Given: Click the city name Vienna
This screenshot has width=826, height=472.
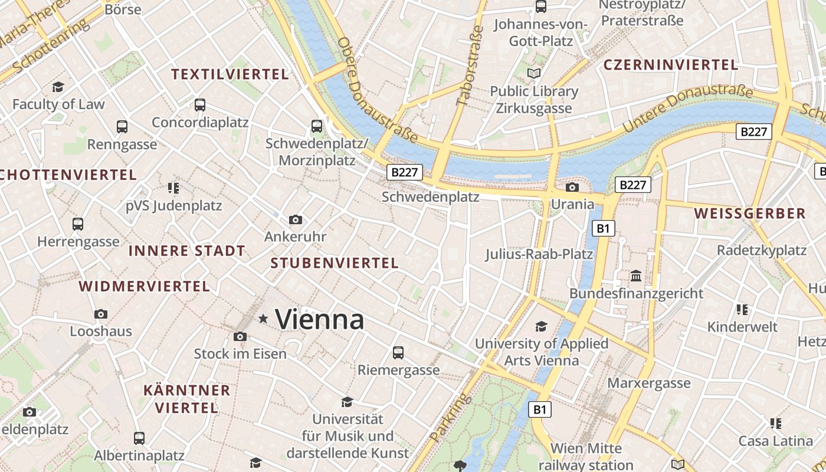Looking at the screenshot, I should tap(320, 320).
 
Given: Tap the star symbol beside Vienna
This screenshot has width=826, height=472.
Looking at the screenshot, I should tap(263, 319).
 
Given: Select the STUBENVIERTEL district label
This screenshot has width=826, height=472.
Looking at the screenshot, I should tap(335, 263).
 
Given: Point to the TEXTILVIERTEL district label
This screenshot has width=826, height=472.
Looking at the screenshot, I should tap(230, 74).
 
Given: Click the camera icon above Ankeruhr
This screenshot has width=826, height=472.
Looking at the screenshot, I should tap(296, 219).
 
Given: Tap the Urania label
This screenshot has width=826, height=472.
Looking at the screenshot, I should tap(572, 204).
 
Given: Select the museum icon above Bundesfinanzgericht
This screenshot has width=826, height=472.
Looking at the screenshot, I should tap(636, 276).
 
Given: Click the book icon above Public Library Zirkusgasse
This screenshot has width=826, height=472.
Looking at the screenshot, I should tap(534, 74).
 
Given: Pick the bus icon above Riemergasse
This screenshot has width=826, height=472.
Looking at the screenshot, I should tap(398, 353).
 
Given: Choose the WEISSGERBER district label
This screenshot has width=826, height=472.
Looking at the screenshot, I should tap(749, 214).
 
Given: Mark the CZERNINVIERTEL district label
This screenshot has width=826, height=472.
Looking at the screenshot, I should tap(670, 65).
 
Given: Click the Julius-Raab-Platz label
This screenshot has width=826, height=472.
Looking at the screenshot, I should tap(539, 254).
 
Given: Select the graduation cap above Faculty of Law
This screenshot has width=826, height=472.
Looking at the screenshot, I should tap(58, 87).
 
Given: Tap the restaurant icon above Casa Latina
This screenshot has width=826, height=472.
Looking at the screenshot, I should tap(775, 423).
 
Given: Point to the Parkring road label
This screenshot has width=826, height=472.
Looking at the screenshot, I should tap(451, 418).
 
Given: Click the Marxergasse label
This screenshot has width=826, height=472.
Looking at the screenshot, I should tap(649, 383).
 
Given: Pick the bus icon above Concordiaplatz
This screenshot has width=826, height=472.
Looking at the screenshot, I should tap(200, 105).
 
